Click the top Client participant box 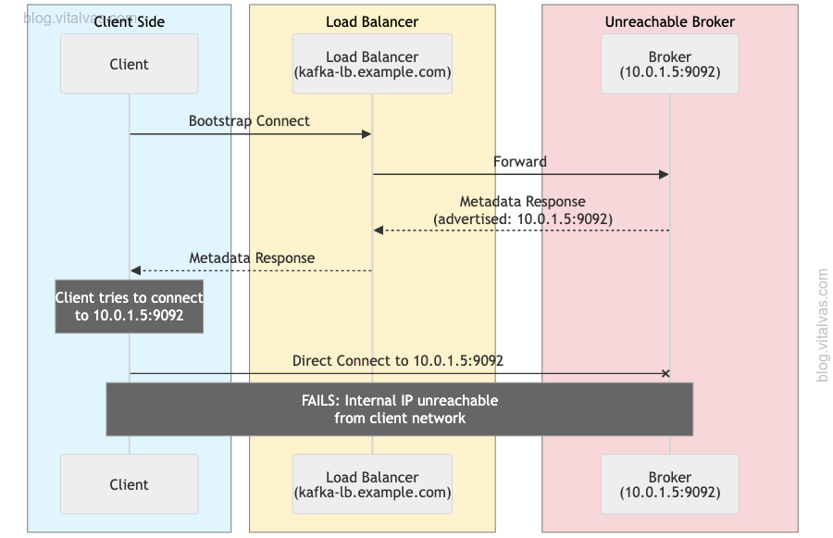(x=130, y=64)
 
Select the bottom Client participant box (x=130, y=484)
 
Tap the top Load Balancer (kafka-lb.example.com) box (x=372, y=64)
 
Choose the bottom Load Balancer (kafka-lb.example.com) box (x=372, y=484)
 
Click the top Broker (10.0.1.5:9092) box (x=670, y=64)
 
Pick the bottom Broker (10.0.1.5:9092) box (x=670, y=484)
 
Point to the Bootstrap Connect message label (x=249, y=121)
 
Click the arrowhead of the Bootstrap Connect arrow (x=367, y=134)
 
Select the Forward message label (x=519, y=162)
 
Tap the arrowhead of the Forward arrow (x=665, y=174)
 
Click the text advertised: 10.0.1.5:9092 (x=522, y=219)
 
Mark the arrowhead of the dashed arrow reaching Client (x=135, y=270)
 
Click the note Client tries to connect (x=129, y=307)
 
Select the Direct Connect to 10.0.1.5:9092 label (x=398, y=360)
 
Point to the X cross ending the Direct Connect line (x=665, y=373)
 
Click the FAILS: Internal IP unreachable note (x=399, y=409)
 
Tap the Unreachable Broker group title (x=670, y=21)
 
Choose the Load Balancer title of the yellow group (x=372, y=21)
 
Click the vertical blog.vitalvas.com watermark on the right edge (x=823, y=324)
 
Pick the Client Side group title (x=130, y=21)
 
